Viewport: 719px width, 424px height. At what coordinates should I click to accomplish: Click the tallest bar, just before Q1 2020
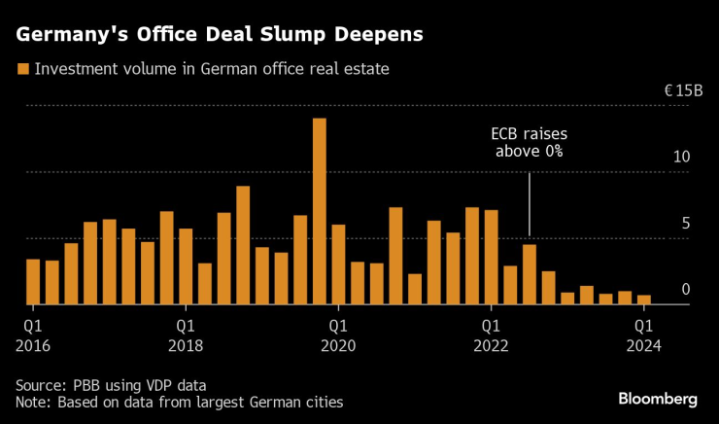click(x=319, y=211)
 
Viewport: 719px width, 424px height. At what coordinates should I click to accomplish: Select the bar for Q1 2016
click(x=33, y=281)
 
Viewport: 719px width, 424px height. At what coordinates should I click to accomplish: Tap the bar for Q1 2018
click(x=186, y=266)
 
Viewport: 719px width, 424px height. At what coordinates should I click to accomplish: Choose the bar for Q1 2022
click(x=491, y=257)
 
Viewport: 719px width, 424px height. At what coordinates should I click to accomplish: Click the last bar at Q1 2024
click(x=643, y=300)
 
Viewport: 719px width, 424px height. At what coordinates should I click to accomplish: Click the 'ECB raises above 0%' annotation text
click(x=529, y=143)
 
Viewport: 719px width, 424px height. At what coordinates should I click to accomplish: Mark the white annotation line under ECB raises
click(x=530, y=203)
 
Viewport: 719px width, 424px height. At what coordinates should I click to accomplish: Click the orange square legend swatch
click(x=21, y=69)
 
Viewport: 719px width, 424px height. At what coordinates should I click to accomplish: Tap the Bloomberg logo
click(x=658, y=399)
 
